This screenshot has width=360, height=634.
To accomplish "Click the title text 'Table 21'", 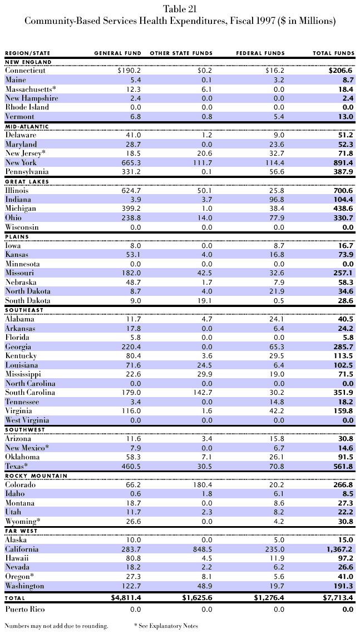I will coord(180,9).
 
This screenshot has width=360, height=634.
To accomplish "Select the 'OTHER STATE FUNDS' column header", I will coord(181,53).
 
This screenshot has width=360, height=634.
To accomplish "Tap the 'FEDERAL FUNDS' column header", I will coord(260,53).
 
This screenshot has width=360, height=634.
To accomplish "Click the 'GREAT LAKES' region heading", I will coord(27,181).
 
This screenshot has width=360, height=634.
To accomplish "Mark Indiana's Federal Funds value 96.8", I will coord(275,199).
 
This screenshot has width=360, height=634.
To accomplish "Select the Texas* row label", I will coord(18,466).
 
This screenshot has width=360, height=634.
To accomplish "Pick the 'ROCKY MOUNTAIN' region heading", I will coord(36,475).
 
